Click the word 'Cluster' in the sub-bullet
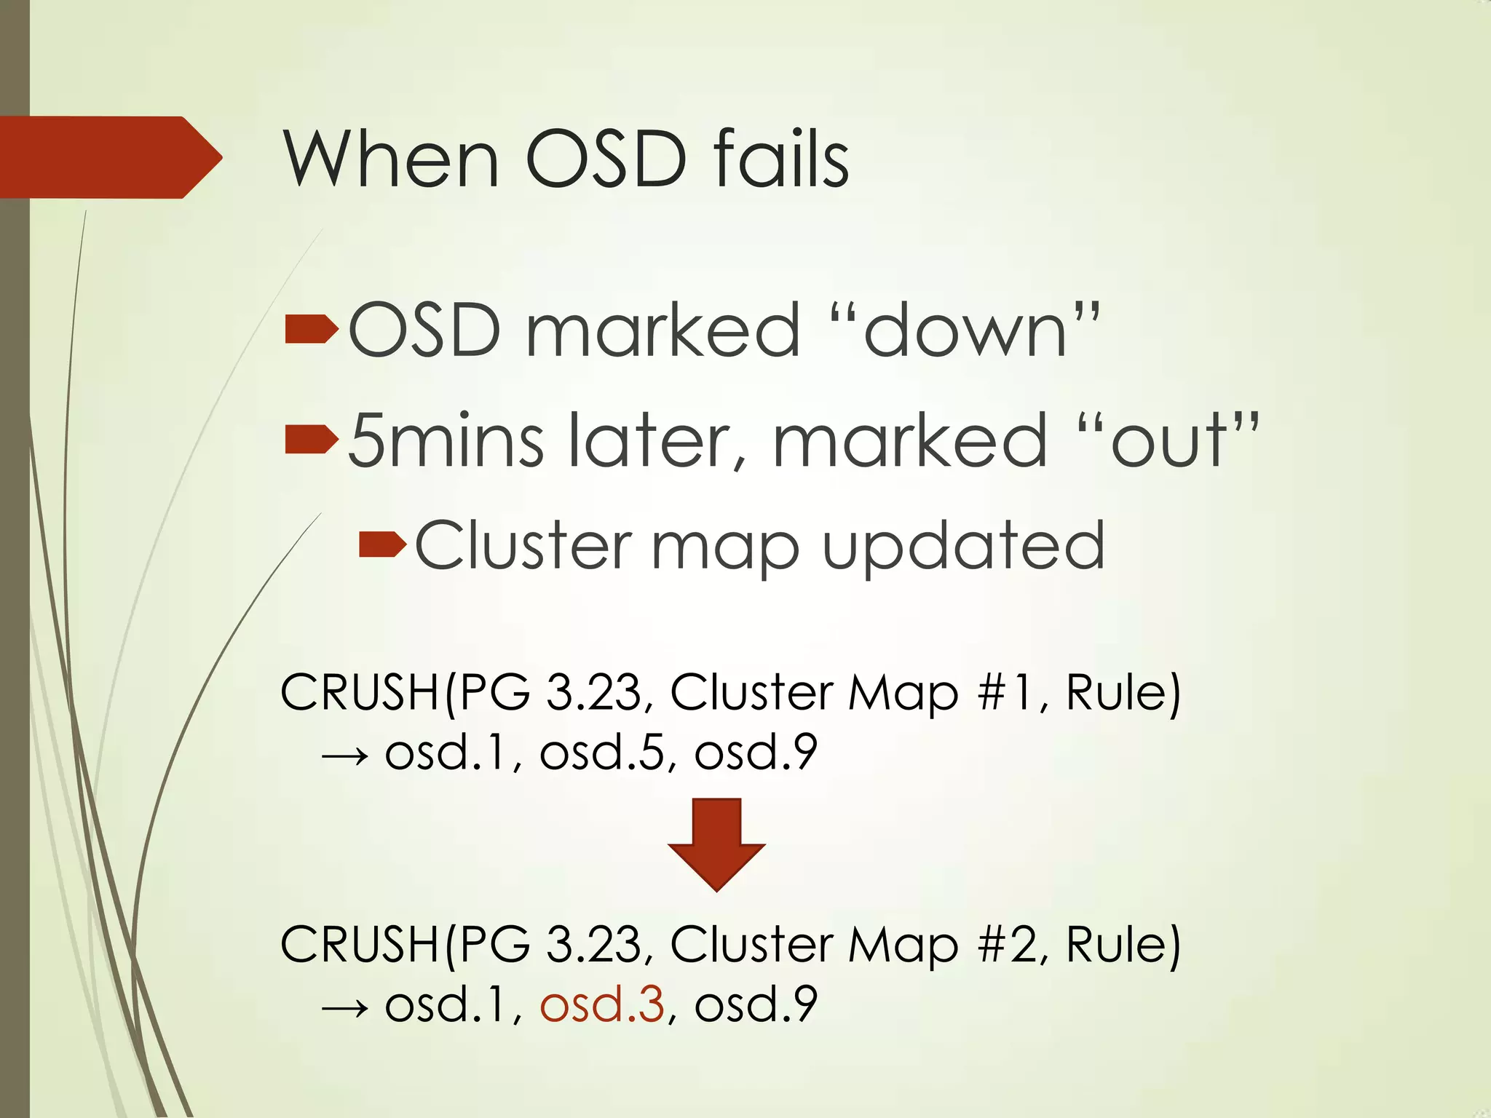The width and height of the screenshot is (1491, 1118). (x=523, y=546)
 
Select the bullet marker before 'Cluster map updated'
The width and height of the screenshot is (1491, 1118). (x=382, y=544)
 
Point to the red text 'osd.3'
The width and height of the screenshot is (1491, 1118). (x=602, y=1004)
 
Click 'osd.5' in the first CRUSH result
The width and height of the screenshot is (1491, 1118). (x=602, y=753)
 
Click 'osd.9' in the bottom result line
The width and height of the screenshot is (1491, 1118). (x=756, y=1004)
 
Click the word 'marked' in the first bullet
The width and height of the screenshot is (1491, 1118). (x=663, y=331)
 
